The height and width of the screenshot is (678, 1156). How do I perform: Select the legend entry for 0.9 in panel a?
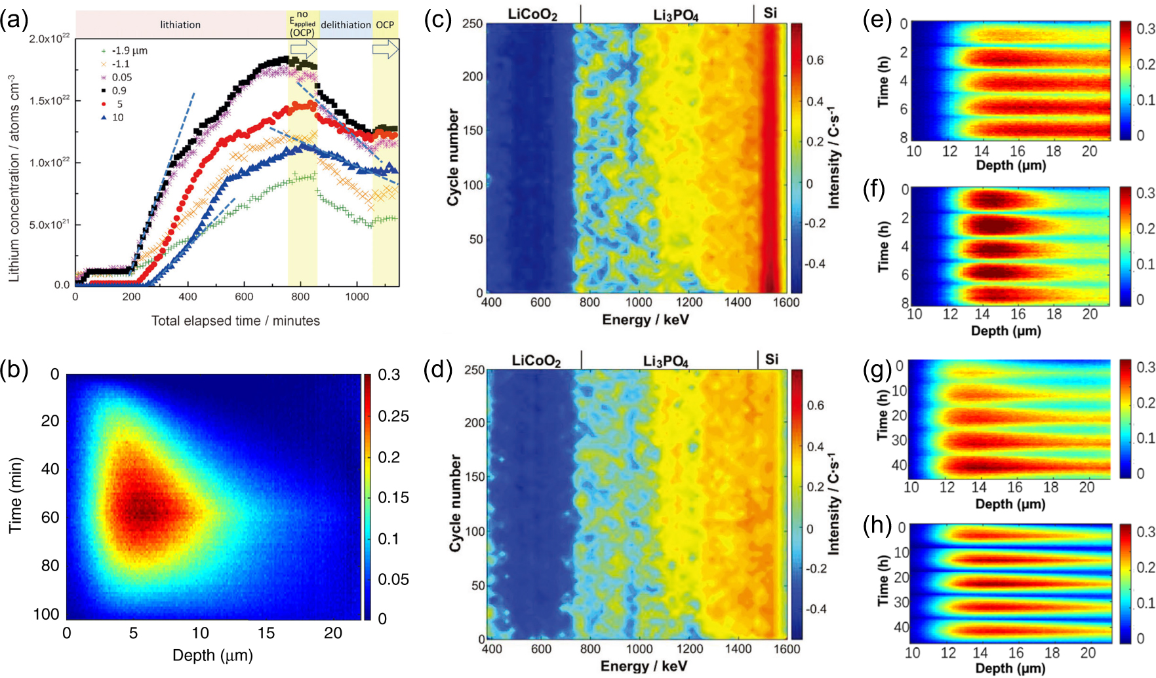point(119,90)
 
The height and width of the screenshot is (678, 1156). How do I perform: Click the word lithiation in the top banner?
point(180,25)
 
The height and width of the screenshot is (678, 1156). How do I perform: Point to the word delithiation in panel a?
point(346,25)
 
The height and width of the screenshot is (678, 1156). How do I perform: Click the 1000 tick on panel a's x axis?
point(357,297)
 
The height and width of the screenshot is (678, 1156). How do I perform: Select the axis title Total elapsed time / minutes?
point(235,321)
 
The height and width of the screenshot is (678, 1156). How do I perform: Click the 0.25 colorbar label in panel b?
point(393,416)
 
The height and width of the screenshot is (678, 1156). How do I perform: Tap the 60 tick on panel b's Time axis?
point(50,518)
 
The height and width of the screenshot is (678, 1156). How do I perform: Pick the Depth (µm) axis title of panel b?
point(212,655)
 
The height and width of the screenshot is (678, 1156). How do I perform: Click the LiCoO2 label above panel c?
point(532,14)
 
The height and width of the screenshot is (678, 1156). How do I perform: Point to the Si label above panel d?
point(772,359)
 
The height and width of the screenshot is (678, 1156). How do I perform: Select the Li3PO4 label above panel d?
point(666,361)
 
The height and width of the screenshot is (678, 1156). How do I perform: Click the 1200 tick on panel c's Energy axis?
point(689,303)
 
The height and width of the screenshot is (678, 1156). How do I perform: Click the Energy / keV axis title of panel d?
point(644,666)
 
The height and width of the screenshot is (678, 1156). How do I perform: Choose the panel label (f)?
point(874,189)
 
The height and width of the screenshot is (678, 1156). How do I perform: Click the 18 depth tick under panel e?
point(1053,151)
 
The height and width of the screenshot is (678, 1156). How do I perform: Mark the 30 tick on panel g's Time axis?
point(899,440)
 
